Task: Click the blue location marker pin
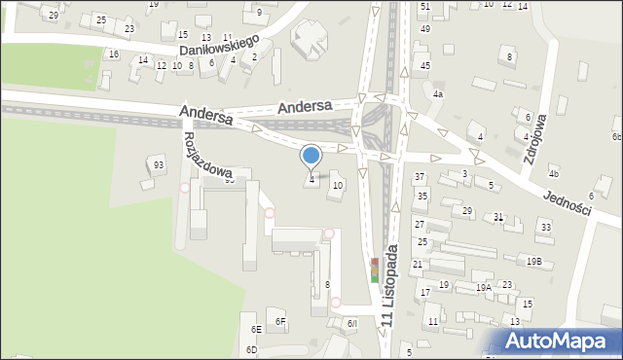[x=311, y=157]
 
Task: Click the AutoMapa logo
[x=559, y=341]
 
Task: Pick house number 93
[x=158, y=164]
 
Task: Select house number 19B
[x=534, y=261]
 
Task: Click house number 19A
[x=483, y=288]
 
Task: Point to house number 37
[x=420, y=177]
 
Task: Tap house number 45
[x=425, y=65]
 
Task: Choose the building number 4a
[x=438, y=94]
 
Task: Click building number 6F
[x=279, y=321]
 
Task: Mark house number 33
[x=545, y=227]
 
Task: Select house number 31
[x=498, y=216]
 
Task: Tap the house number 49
[x=425, y=28]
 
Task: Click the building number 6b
[x=616, y=137]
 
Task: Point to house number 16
[x=113, y=54]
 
